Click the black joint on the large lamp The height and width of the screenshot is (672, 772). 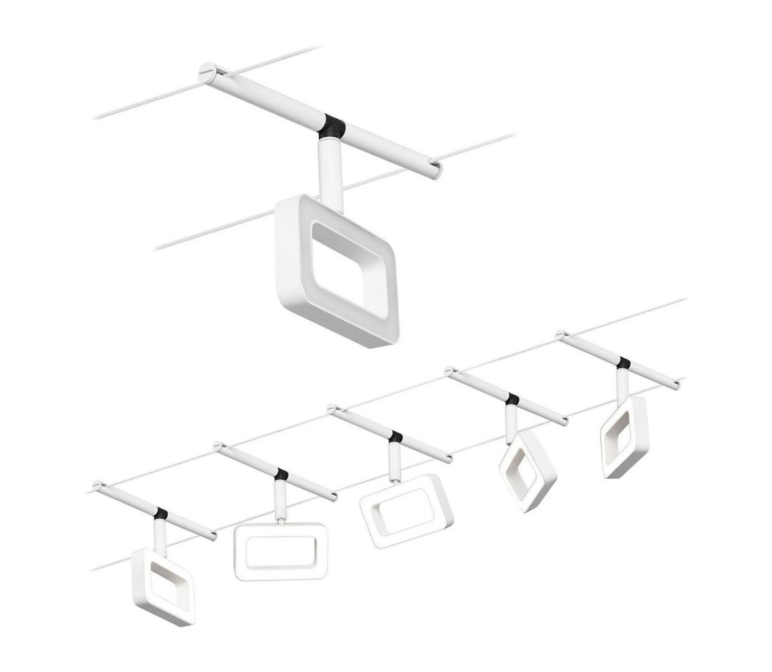pos(333,126)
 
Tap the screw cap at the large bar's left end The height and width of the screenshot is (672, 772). pos(207,70)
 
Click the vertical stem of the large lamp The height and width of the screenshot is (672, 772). pos(330,168)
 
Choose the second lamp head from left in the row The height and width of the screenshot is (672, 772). pos(281,551)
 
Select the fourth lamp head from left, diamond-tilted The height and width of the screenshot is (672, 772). pos(528,470)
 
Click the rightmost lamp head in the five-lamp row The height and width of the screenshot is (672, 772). pos(624,437)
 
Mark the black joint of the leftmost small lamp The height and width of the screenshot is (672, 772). pos(160,513)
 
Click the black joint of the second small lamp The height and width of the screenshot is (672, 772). pos(281,474)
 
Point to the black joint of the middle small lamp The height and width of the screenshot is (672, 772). pos(395,437)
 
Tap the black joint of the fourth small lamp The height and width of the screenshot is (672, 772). pos(513,399)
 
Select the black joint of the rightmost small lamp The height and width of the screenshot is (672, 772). pos(624,363)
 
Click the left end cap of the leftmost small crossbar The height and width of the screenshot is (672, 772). pos(98,485)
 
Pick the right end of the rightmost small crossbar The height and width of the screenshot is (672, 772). pos(676,386)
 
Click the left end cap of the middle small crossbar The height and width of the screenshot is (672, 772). pos(332,409)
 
